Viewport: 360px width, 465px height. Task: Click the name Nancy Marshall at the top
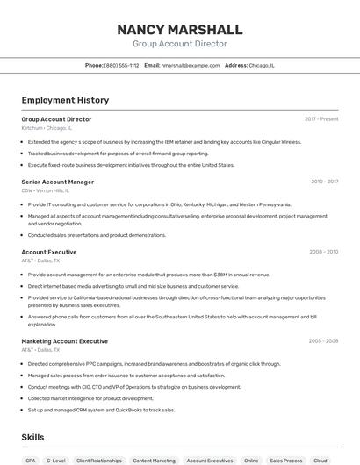(180, 29)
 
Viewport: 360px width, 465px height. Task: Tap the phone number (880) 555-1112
(121, 65)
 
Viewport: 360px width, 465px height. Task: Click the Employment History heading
(65, 100)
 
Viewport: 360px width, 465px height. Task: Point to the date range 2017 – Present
(321, 118)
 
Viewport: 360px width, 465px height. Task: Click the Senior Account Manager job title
(57, 182)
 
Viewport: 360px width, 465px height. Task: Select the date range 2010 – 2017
(324, 182)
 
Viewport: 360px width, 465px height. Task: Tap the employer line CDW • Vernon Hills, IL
(45, 190)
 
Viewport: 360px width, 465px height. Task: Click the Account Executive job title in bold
(48, 252)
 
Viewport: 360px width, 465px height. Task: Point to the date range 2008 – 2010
(323, 252)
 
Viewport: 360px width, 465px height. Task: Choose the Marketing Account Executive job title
(64, 341)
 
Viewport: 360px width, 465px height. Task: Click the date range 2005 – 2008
(323, 341)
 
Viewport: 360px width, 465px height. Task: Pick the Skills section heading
(32, 437)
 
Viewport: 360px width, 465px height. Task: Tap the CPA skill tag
(31, 460)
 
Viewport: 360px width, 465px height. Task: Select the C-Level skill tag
(56, 460)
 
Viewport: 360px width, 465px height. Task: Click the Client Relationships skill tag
(99, 460)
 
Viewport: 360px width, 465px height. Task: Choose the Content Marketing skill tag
(154, 460)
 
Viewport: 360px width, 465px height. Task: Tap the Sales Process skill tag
(285, 460)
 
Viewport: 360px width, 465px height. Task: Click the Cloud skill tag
(320, 460)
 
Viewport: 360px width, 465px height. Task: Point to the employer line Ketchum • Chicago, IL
(47, 128)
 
